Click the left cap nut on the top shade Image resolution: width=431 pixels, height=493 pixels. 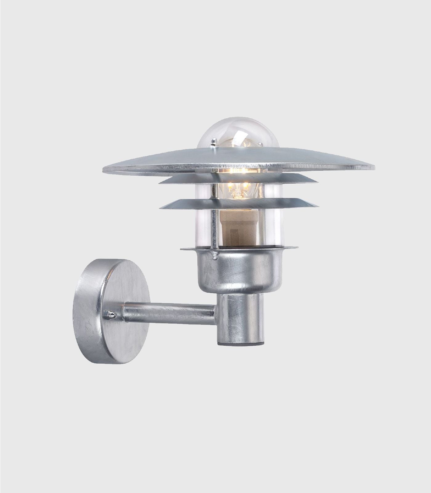pyautogui.click(x=213, y=143)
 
